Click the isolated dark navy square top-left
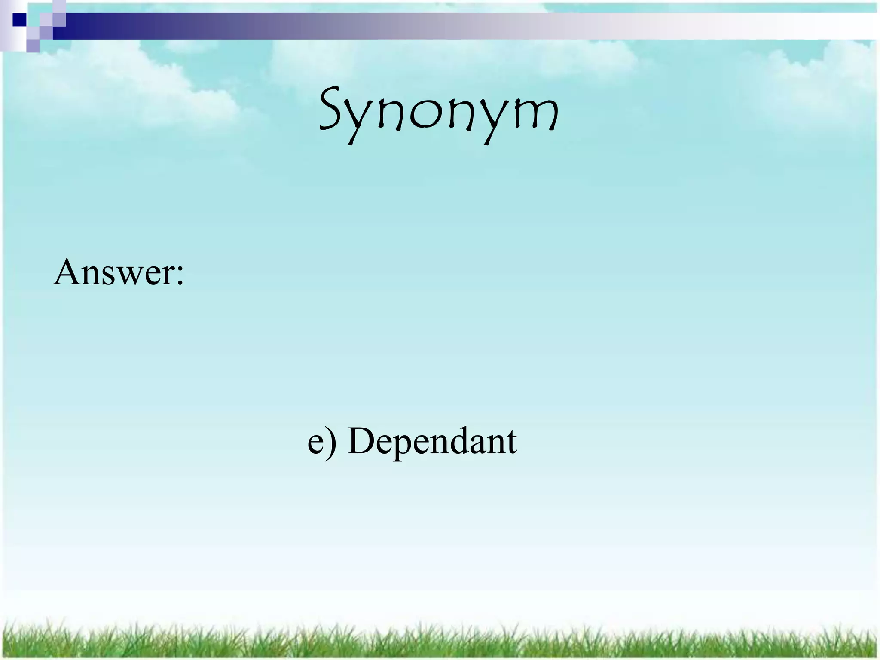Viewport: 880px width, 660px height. pyautogui.click(x=19, y=19)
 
